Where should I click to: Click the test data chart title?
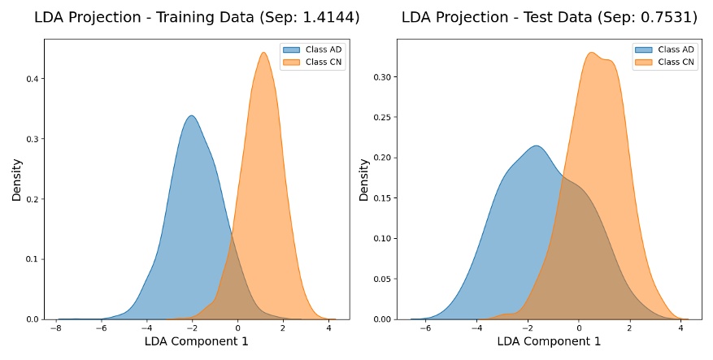[x=544, y=17]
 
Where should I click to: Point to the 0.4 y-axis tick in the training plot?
[x=32, y=79]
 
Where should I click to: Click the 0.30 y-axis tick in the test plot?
[x=379, y=78]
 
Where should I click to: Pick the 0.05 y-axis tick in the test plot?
[x=379, y=279]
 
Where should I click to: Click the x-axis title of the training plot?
[x=196, y=342]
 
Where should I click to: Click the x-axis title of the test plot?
[x=549, y=342]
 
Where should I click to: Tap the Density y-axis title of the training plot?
[x=16, y=180]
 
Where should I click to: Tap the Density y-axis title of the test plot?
[x=364, y=180]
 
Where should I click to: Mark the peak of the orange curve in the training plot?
[x=263, y=54]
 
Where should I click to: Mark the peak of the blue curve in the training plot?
[x=191, y=115]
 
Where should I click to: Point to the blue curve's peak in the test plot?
[x=536, y=146]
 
